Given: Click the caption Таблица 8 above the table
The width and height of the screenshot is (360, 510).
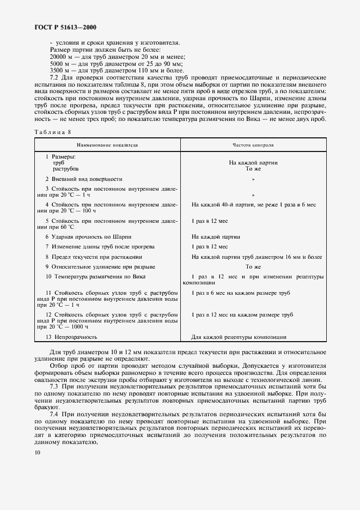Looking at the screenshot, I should [52, 132].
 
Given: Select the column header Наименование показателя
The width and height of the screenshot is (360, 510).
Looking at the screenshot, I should [107, 145].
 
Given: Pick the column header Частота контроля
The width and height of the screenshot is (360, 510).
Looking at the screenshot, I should [253, 145].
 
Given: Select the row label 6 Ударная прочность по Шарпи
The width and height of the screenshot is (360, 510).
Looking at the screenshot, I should [88, 237].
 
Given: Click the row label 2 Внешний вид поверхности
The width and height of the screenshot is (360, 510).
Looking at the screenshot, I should [83, 179].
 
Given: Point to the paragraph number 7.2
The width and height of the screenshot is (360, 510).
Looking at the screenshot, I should [53, 78].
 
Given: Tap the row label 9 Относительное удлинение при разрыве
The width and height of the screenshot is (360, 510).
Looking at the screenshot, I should [100, 267].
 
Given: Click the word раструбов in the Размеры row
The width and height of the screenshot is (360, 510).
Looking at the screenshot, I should [66, 169].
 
